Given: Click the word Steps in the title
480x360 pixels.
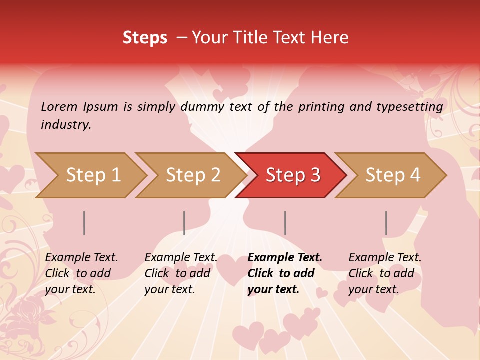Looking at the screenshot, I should pos(145,38).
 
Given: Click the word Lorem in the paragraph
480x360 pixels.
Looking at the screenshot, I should pos(59,107).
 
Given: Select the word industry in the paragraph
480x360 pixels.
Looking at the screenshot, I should pos(66,125).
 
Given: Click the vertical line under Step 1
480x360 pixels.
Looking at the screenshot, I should pos(84,223).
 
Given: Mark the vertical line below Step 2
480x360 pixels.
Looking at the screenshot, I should pos(184,223).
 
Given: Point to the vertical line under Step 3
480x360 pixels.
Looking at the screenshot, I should pos(285,223).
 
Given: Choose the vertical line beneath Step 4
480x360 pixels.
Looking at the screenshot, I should pos(386,223).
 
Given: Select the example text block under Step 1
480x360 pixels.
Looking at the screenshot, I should pos(81,273).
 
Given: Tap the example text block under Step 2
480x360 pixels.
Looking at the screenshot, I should pos(181,273).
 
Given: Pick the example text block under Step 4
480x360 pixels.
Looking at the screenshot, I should pos(385,273).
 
